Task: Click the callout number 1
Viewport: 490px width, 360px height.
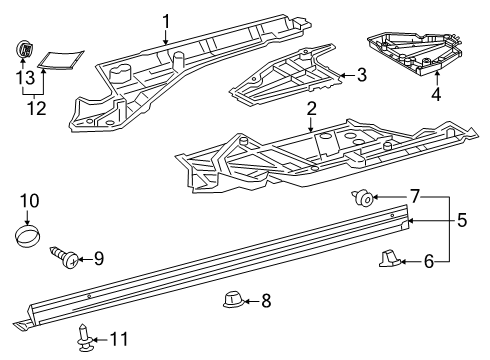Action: click(166, 20)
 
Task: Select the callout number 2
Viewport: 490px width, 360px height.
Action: click(312, 109)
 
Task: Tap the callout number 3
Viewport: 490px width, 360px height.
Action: click(361, 74)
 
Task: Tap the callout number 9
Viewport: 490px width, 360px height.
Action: click(98, 259)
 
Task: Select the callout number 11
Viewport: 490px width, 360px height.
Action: click(119, 339)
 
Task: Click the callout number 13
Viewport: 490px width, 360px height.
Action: click(24, 77)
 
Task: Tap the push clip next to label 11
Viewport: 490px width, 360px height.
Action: click(85, 339)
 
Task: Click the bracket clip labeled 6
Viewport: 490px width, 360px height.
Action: click(390, 260)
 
